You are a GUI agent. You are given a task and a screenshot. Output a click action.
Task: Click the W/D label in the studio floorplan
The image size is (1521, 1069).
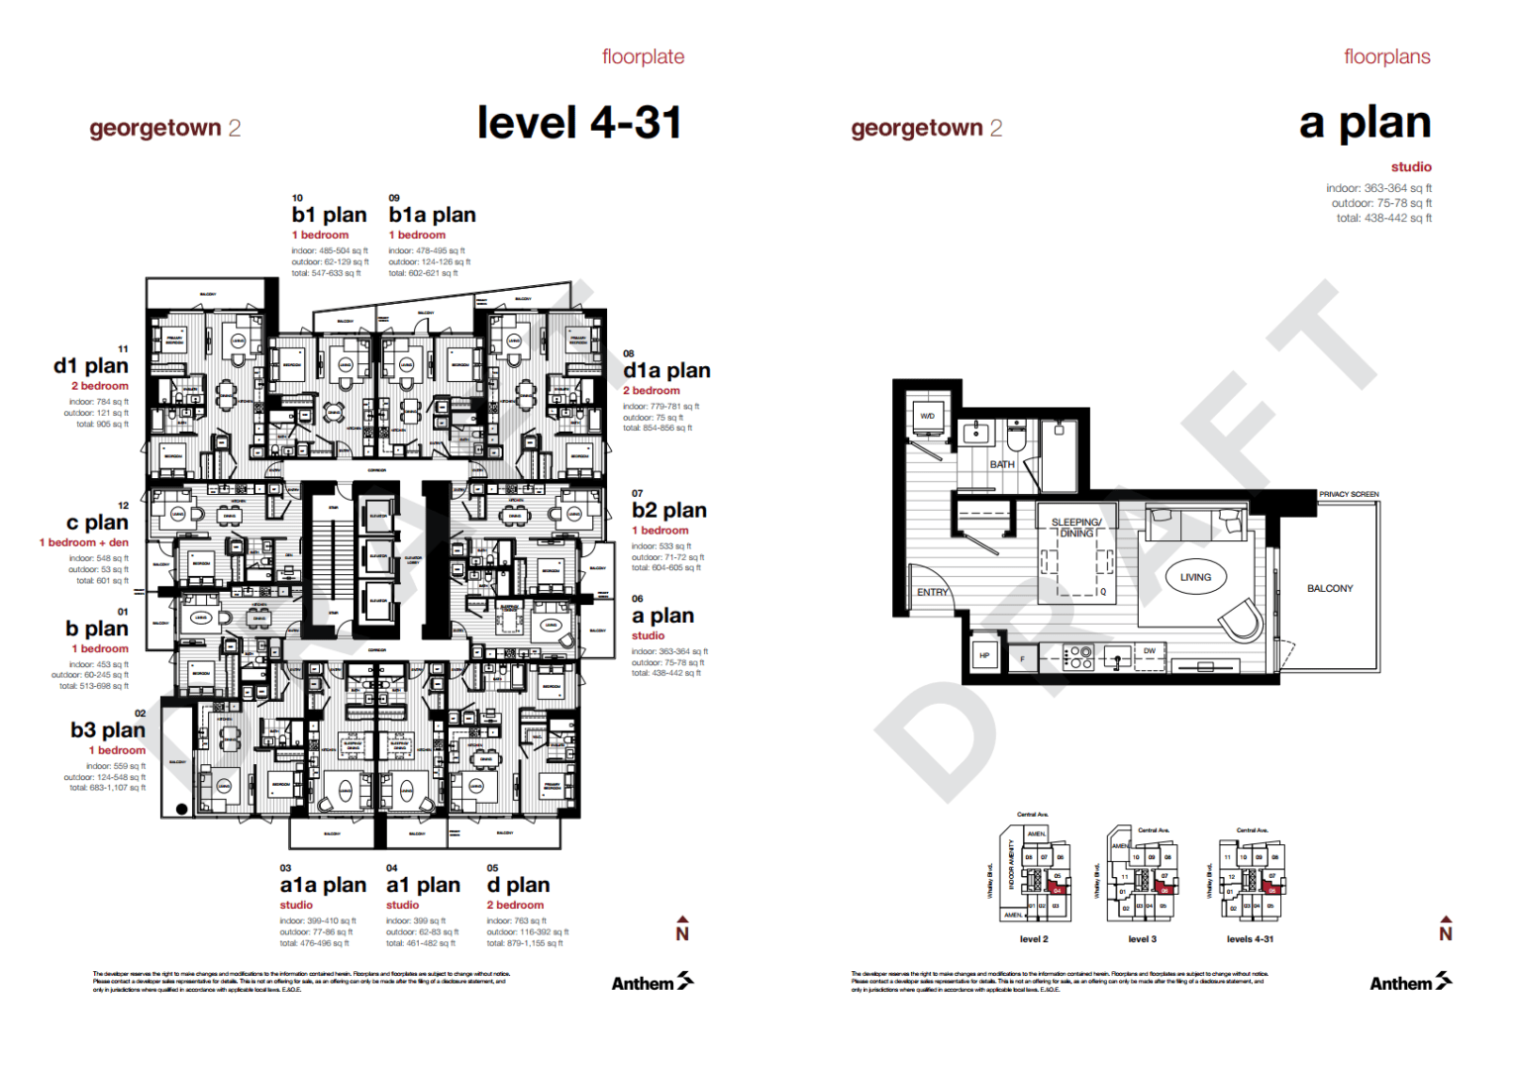pyautogui.click(x=927, y=416)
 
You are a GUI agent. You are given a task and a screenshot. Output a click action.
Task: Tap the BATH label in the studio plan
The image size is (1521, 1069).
pyautogui.click(x=1002, y=464)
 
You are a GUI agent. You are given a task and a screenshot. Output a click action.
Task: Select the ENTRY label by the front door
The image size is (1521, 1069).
pyautogui.click(x=932, y=592)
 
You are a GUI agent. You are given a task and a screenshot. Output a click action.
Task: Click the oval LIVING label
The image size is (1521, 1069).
pyautogui.click(x=1195, y=577)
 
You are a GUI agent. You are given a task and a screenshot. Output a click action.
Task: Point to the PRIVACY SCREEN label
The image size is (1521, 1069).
pyautogui.click(x=1349, y=494)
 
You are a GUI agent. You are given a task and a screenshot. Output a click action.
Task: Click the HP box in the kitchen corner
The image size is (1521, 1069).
pyautogui.click(x=984, y=655)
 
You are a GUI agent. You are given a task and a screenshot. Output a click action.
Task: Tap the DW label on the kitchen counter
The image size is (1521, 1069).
pyautogui.click(x=1149, y=651)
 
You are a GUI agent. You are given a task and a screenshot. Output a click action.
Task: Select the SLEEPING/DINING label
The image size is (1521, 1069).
pyautogui.click(x=1076, y=528)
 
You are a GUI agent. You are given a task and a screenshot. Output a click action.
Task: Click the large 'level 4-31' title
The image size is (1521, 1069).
pyautogui.click(x=579, y=123)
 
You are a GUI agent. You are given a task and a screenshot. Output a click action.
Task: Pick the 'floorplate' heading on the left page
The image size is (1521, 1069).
pyautogui.click(x=643, y=56)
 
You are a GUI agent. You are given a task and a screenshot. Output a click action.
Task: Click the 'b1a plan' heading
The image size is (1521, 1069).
pyautogui.click(x=432, y=215)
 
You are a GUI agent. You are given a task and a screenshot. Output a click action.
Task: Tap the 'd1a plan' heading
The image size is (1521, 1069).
pyautogui.click(x=666, y=370)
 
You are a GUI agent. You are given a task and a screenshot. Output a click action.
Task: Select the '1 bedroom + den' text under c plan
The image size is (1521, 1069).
pyautogui.click(x=84, y=542)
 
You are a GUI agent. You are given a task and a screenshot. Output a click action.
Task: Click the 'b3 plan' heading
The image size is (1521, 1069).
pyautogui.click(x=108, y=729)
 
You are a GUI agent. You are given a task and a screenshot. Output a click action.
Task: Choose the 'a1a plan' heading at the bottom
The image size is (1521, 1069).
pyautogui.click(x=323, y=885)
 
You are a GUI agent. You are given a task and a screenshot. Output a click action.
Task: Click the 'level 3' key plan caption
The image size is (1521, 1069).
pyautogui.click(x=1142, y=939)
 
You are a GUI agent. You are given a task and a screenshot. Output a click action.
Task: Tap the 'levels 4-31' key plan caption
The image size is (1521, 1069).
pyautogui.click(x=1250, y=939)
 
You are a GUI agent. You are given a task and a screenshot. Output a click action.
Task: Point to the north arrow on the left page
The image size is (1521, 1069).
pyautogui.click(x=682, y=928)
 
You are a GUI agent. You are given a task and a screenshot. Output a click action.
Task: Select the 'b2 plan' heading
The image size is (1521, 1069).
pyautogui.click(x=669, y=510)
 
